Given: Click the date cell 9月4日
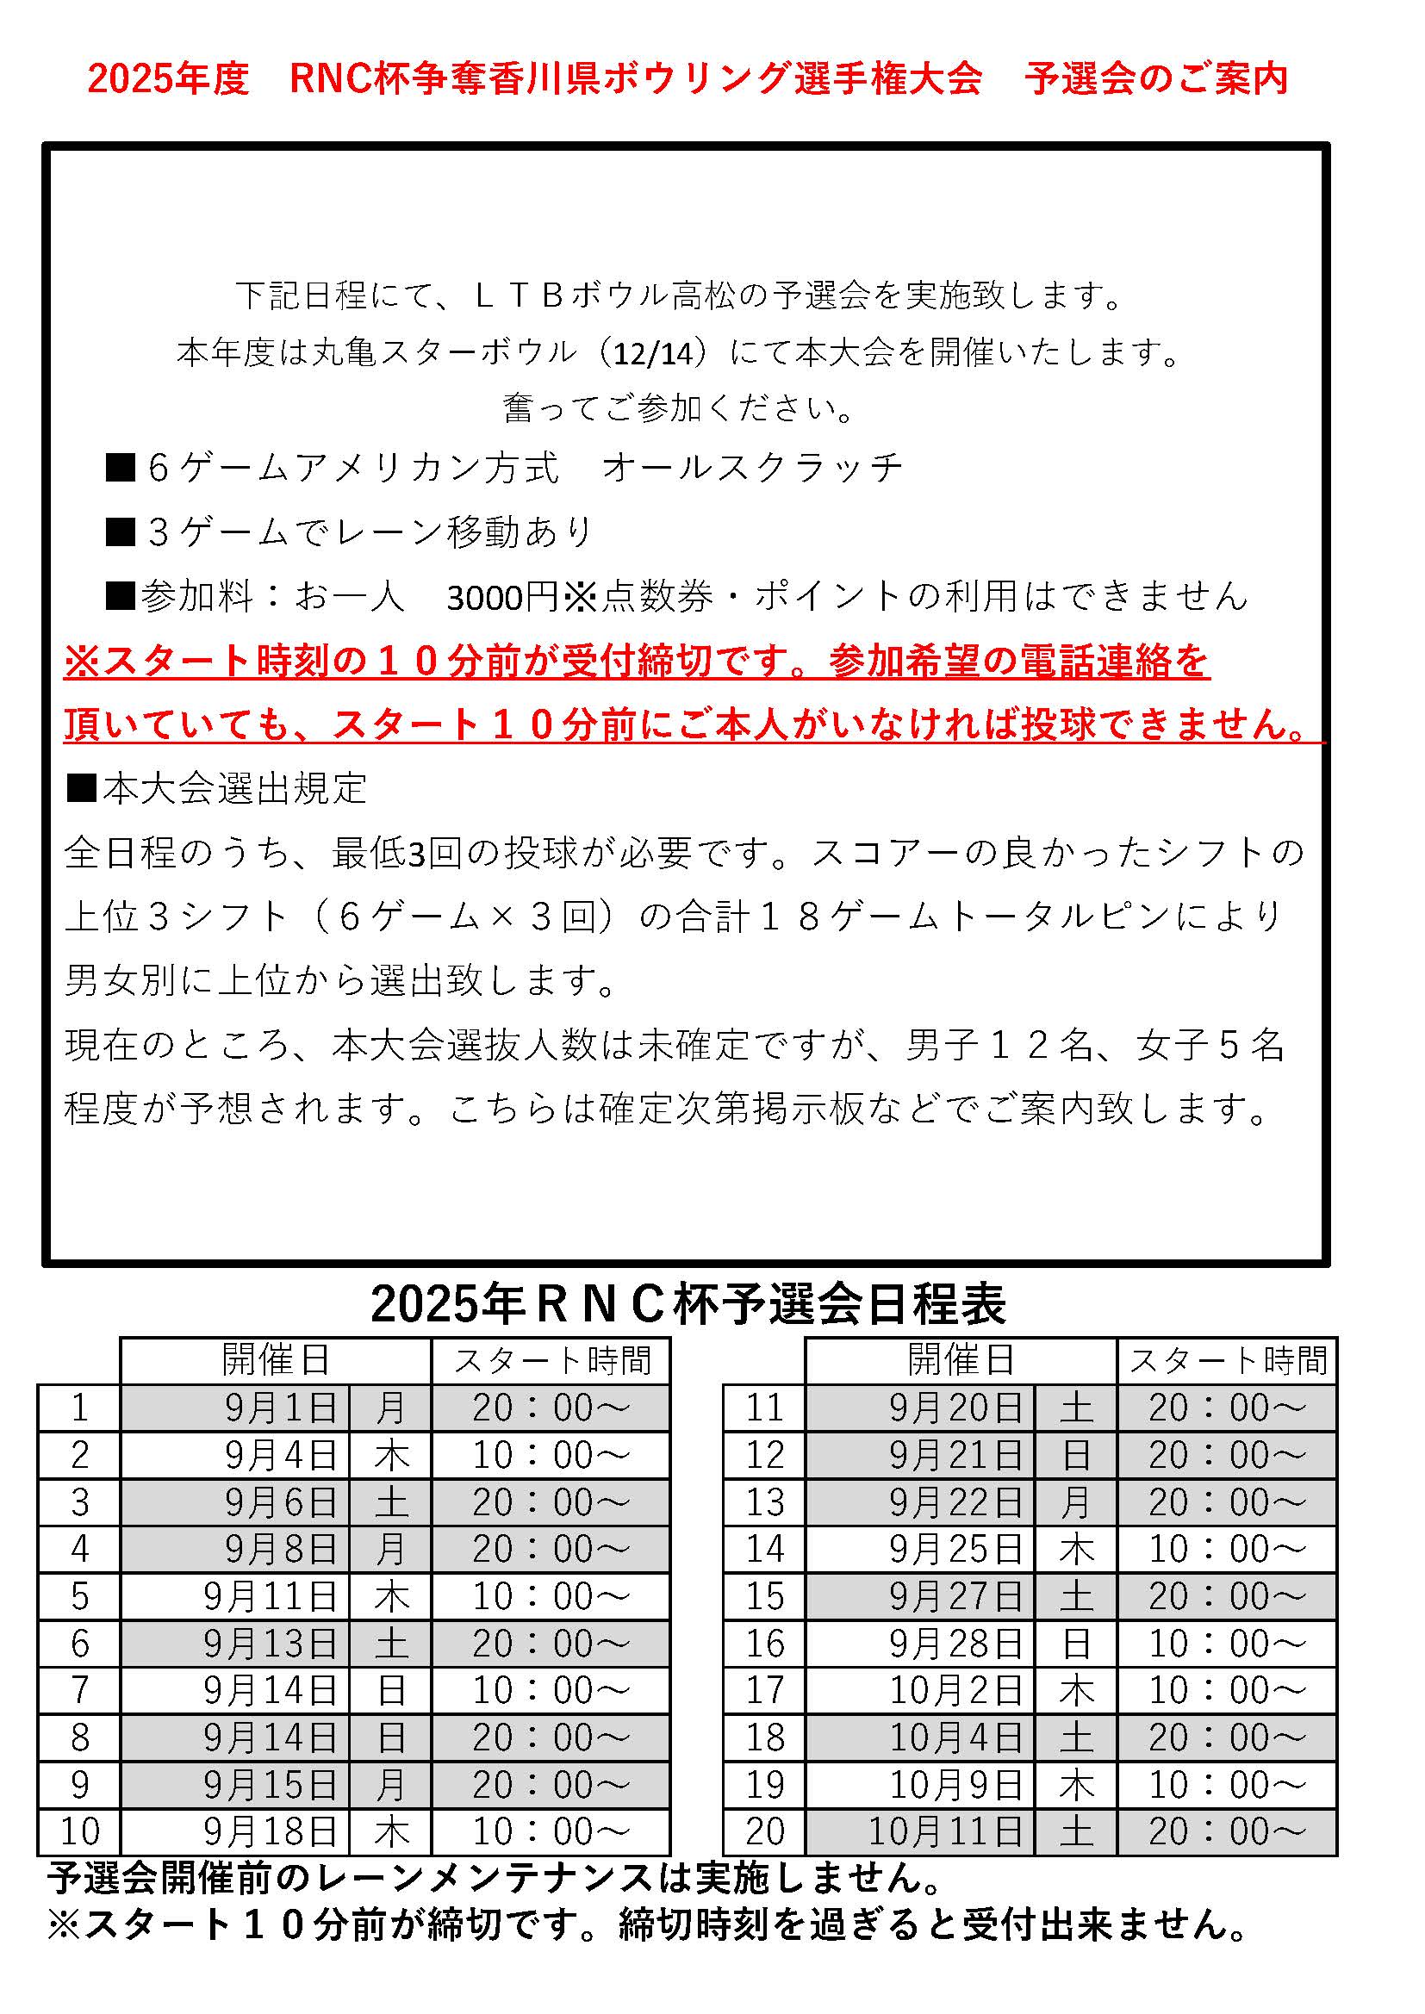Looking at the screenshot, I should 281,1455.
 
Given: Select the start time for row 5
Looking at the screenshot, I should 551,1596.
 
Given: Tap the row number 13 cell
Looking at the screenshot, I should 763,1502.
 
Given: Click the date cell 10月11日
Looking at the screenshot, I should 945,1831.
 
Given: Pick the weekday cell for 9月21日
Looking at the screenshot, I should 1076,1455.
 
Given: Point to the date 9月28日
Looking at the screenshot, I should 955,1644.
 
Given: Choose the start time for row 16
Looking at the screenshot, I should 1227,1644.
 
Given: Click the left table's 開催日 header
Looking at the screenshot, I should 276,1359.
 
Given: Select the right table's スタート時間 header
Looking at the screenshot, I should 1227,1360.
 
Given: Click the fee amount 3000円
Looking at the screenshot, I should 502,597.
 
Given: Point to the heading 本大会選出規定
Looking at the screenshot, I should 234,788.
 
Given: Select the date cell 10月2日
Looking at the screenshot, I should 955,1691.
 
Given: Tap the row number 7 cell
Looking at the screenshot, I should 79,1691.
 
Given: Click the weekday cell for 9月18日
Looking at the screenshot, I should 390,1831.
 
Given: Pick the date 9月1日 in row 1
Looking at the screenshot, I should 281,1408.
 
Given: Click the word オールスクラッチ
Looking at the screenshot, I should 752,468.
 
